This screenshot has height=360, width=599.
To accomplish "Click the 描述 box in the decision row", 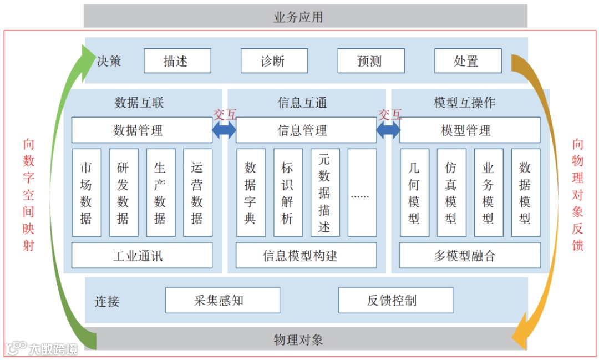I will (177, 61).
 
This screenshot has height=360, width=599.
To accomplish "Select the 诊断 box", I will (274, 61).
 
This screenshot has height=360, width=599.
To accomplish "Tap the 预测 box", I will (370, 61).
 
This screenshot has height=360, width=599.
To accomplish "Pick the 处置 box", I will (468, 61).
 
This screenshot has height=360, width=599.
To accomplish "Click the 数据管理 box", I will (141, 130).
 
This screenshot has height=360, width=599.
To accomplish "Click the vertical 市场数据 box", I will (87, 192).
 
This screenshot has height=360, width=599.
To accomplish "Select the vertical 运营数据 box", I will (197, 192).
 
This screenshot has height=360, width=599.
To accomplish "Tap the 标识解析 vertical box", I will (288, 192).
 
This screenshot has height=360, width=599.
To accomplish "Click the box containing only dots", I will (362, 192).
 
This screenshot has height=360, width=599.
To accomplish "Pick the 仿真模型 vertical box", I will (451, 192).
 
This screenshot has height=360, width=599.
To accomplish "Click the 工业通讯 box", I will (141, 256).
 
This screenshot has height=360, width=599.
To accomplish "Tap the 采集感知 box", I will (222, 300).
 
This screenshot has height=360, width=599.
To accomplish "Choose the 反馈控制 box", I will (395, 300).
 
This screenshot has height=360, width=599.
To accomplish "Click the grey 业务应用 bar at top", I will (305, 17).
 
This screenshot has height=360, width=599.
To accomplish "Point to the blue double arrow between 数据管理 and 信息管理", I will (224, 130).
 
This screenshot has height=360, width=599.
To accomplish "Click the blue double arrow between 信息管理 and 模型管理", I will (388, 130).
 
